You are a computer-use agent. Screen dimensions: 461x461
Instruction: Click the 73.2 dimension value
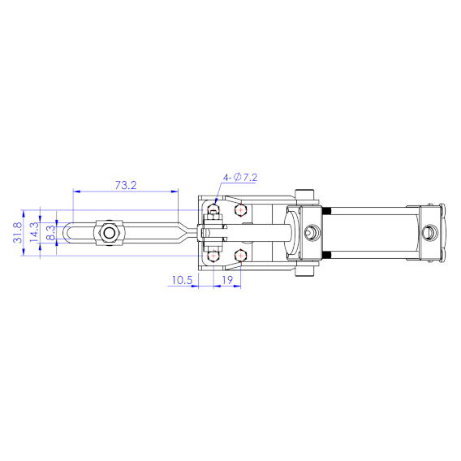[125, 185]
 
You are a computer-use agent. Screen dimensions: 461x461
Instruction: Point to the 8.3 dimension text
[50, 234]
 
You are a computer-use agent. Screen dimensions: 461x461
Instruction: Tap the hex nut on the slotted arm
[108, 234]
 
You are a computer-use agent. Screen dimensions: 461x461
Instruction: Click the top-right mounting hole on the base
[239, 211]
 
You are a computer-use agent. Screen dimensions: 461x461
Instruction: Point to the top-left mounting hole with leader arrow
[213, 211]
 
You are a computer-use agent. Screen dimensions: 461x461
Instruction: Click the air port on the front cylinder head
[310, 234]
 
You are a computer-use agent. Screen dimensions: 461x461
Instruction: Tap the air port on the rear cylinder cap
[431, 234]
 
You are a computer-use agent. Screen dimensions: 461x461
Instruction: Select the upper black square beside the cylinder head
[327, 212]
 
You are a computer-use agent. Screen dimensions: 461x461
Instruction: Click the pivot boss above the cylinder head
[305, 196]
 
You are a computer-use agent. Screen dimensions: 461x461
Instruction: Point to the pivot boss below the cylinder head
[305, 272]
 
